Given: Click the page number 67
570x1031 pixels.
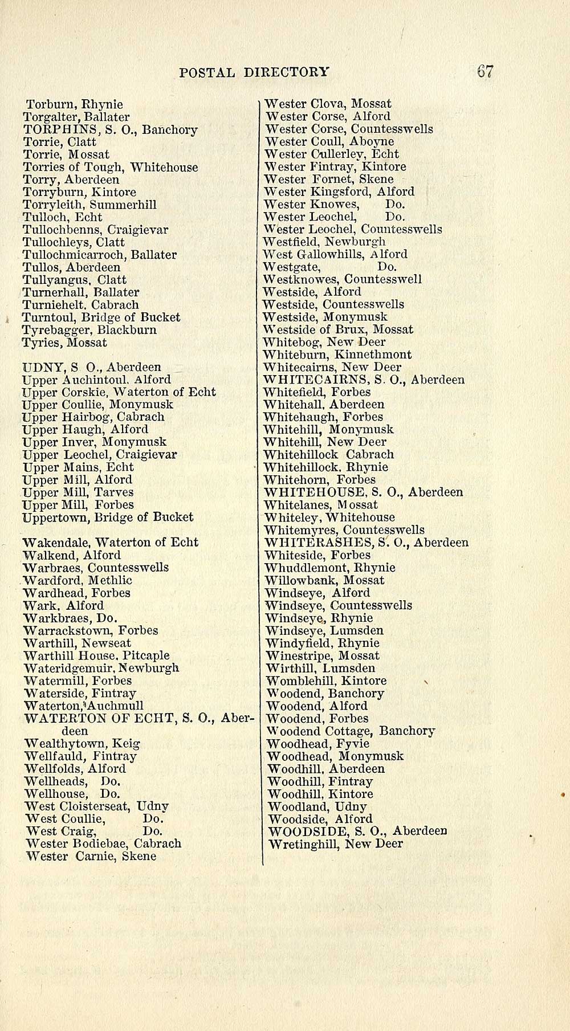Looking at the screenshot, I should (x=485, y=72).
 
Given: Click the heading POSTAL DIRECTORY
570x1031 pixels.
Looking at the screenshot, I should (x=254, y=72).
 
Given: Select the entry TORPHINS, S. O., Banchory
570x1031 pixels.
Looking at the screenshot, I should (x=110, y=130).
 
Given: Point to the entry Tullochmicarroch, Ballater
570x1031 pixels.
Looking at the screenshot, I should (x=99, y=255).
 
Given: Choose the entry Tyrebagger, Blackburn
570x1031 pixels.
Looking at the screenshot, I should (x=89, y=330).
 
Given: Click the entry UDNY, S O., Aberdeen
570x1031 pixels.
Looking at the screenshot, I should (x=91, y=367).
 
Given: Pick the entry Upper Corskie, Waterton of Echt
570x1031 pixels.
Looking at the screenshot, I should (x=119, y=392).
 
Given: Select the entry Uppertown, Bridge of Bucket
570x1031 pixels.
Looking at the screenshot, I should (x=108, y=517).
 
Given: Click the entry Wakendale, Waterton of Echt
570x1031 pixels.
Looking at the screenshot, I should (x=110, y=542).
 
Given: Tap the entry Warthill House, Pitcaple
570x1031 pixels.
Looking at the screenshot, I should (x=97, y=655).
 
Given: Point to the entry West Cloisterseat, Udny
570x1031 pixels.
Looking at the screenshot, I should (x=97, y=806).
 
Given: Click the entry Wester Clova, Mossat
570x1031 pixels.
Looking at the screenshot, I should (x=328, y=104).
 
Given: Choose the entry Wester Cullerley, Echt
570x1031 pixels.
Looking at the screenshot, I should (x=332, y=154).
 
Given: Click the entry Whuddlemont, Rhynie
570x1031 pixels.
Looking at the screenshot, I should (x=330, y=568).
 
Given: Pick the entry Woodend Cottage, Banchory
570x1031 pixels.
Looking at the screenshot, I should (x=351, y=731).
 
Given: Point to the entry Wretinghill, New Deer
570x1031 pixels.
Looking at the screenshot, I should (x=335, y=844).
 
